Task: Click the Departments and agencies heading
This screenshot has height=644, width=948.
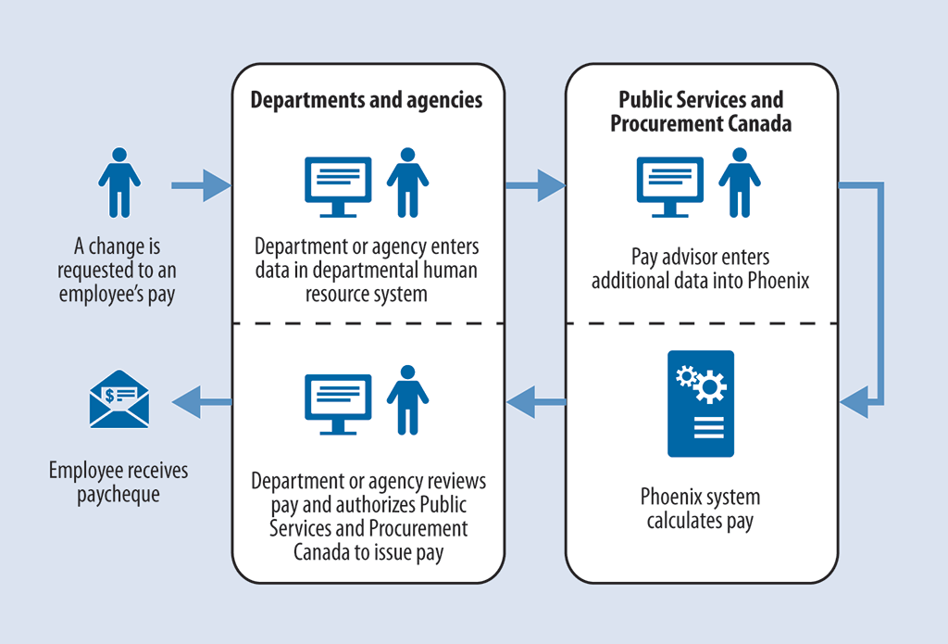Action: coord(367,100)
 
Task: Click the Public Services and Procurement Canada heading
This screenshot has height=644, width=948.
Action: coord(701,111)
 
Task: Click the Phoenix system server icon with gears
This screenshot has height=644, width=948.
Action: coord(701,403)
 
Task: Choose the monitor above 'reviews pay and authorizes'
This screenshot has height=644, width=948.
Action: coord(338,404)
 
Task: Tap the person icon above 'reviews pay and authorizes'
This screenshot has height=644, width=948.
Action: coord(407,399)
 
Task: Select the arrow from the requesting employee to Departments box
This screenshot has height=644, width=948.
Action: coord(201,185)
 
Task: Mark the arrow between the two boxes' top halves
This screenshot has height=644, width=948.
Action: coord(535,185)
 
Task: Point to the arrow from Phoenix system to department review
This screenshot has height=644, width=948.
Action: coord(536,402)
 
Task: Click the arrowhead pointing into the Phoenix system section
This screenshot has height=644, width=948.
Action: coord(855,403)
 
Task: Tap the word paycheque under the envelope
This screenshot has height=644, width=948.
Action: coord(118,495)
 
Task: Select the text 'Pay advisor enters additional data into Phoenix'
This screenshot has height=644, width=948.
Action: coord(701,269)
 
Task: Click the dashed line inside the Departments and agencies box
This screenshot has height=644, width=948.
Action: coord(368,323)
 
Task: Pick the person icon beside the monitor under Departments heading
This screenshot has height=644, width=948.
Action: coord(407,183)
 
